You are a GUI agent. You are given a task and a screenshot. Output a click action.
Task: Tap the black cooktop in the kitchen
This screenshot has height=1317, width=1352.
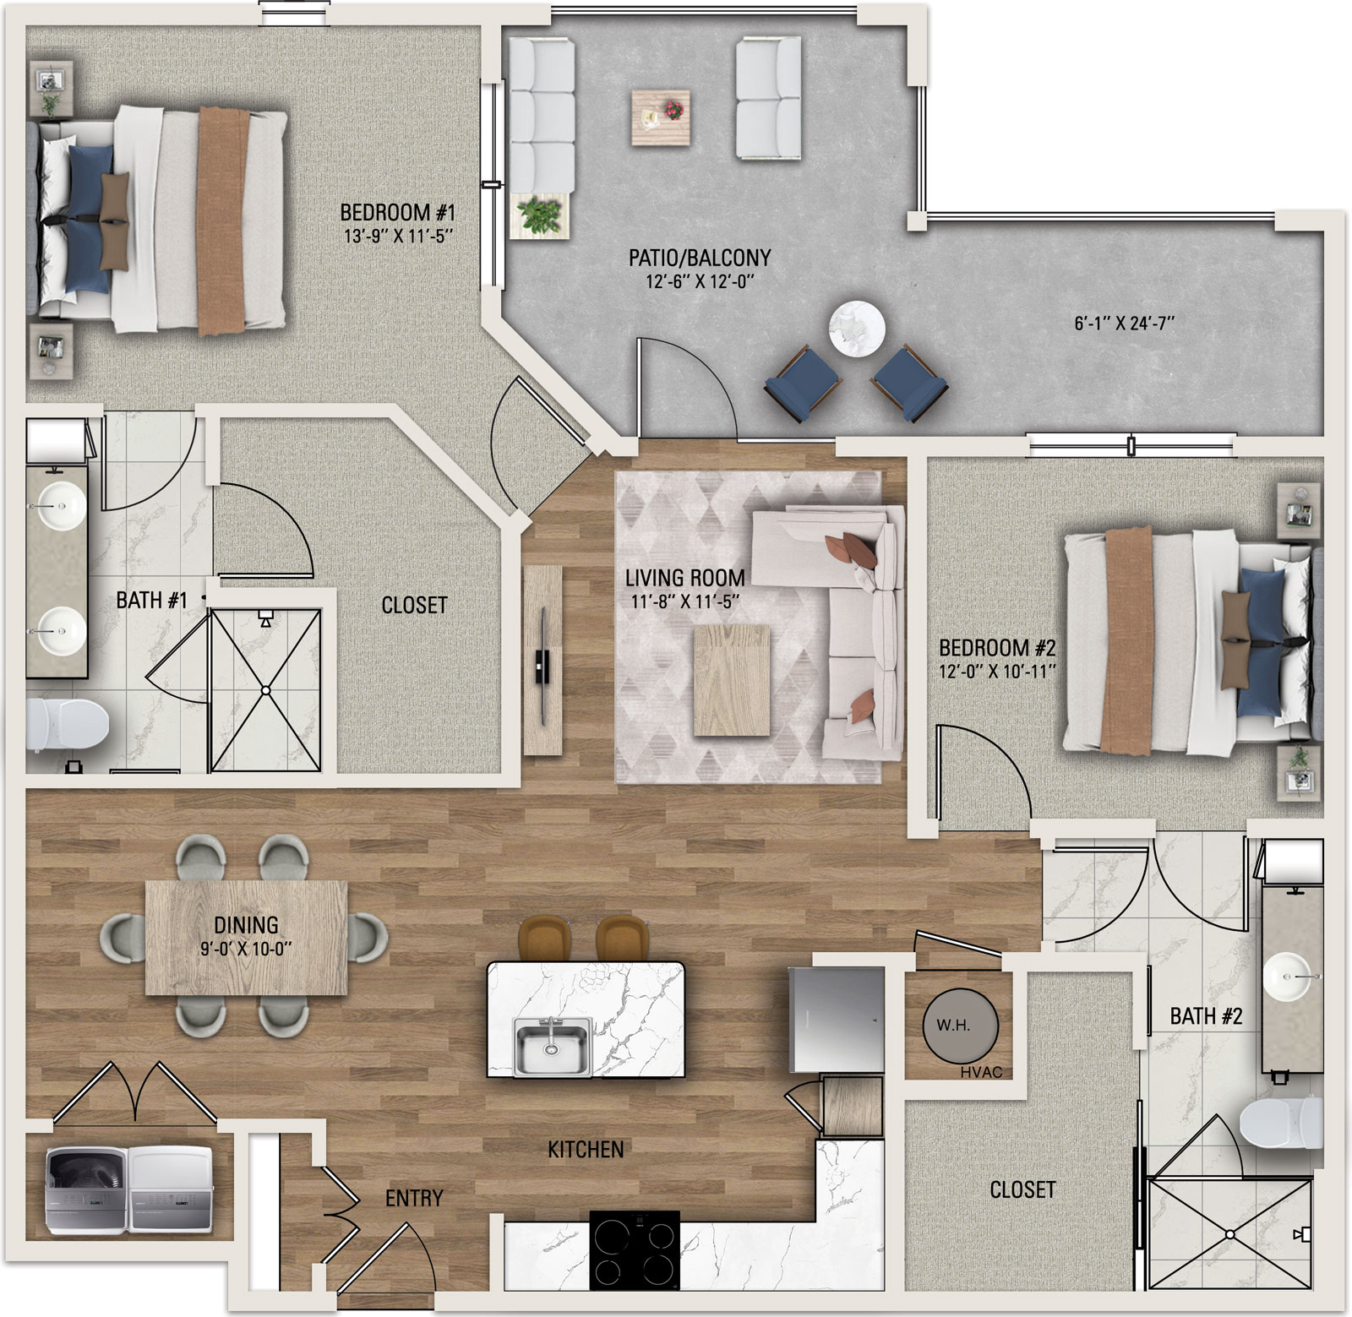(x=635, y=1249)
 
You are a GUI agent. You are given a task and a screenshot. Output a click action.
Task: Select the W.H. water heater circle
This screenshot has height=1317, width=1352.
(x=960, y=1026)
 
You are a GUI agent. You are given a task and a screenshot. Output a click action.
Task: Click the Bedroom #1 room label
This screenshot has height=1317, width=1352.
(x=397, y=212)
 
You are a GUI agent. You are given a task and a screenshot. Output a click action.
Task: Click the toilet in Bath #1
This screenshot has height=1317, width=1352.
(x=68, y=726)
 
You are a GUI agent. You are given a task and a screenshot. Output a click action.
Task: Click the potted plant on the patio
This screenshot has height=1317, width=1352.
(x=539, y=215)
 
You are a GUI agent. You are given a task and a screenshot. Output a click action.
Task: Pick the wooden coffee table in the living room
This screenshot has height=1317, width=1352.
(x=732, y=680)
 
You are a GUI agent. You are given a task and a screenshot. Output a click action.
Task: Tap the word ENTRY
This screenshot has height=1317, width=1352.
(x=414, y=1198)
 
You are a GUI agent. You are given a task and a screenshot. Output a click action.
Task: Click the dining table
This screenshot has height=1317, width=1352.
(x=247, y=938)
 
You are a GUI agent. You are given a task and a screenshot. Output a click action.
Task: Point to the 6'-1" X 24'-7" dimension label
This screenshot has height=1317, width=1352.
(x=1124, y=323)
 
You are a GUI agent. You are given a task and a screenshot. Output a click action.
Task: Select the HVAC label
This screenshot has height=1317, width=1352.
(x=981, y=1072)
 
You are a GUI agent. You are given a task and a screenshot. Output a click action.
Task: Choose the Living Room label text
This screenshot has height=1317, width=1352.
(x=684, y=579)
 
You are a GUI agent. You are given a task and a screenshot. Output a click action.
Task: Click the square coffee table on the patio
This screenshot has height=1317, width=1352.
(x=660, y=117)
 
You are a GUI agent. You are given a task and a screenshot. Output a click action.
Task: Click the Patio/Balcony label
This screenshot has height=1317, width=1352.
(x=700, y=258)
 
